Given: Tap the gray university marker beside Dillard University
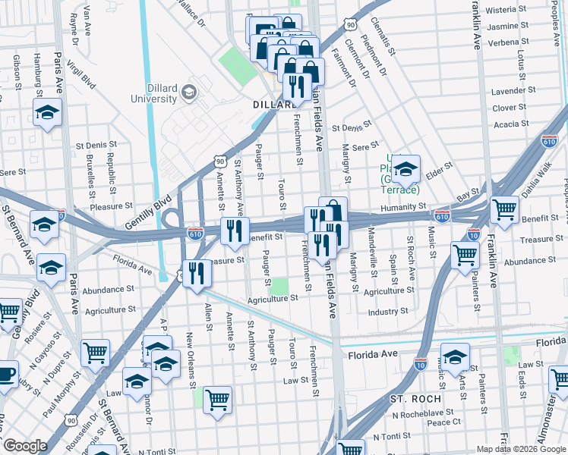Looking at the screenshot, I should (x=190, y=93).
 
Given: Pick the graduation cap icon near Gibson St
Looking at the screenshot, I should (x=48, y=113).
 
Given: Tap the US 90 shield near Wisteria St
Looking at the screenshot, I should (x=349, y=25).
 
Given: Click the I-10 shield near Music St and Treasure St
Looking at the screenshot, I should (x=473, y=234).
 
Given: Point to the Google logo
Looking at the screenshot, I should (x=24, y=446).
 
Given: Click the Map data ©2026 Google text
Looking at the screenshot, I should (x=520, y=449).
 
